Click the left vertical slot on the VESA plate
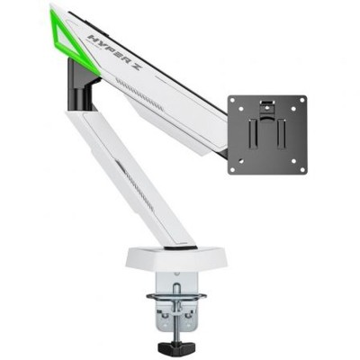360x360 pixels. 255,134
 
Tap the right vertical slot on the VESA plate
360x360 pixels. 280,134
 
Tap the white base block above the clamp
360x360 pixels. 176,260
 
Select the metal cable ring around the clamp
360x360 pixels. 176,296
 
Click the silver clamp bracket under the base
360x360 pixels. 176,310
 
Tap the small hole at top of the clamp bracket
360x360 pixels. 175,280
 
